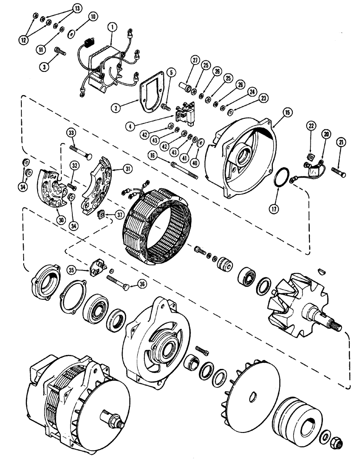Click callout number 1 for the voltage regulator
click(x=111, y=28)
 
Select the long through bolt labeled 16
click(x=185, y=170)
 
